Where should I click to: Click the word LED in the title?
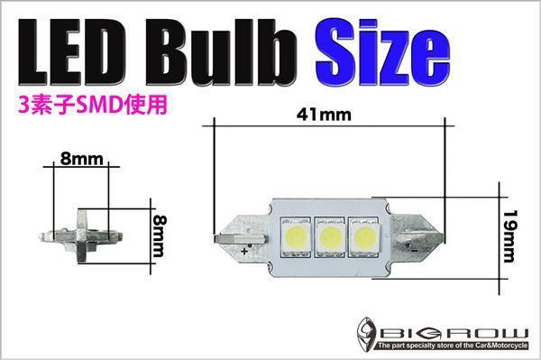coord(71,51)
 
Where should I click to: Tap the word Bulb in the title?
coord(222,51)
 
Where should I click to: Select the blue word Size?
coord(382,51)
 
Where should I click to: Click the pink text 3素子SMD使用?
coord(93,105)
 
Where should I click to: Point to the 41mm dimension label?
coord(324,115)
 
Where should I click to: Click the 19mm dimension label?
coord(509,236)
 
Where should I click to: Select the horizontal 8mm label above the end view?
coord(82,159)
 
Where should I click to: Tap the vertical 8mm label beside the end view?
coord(160,236)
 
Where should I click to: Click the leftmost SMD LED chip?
coord(296,238)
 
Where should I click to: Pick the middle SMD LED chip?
coord(330,238)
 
